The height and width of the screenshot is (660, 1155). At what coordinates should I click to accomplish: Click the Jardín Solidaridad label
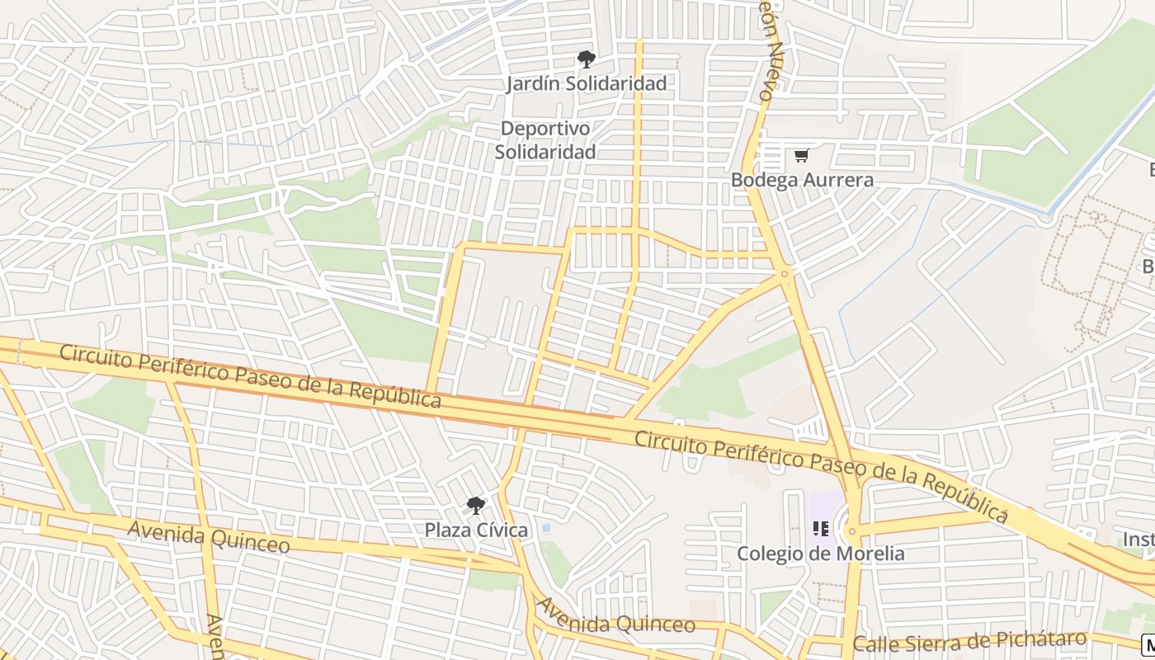(x=586, y=83)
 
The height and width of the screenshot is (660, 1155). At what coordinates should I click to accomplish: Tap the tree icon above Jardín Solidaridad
(x=586, y=59)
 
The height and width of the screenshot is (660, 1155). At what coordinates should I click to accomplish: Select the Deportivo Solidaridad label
(x=545, y=140)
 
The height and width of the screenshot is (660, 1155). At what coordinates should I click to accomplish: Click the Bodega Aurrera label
(x=802, y=180)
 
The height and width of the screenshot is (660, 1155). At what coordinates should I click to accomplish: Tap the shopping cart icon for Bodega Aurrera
(x=801, y=155)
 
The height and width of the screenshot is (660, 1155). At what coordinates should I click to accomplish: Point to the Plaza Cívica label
(x=476, y=530)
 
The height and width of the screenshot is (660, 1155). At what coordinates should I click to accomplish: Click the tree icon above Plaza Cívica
(x=475, y=505)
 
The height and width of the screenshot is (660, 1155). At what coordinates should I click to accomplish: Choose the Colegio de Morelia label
(x=820, y=554)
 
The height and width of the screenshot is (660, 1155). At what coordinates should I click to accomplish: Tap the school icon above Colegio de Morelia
(x=820, y=529)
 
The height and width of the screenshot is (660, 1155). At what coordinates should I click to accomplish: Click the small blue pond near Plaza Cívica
(x=544, y=528)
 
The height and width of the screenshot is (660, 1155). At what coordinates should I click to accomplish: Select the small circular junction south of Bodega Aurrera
(x=785, y=273)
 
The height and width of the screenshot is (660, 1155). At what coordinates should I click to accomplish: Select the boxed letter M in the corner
(x=1148, y=644)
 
